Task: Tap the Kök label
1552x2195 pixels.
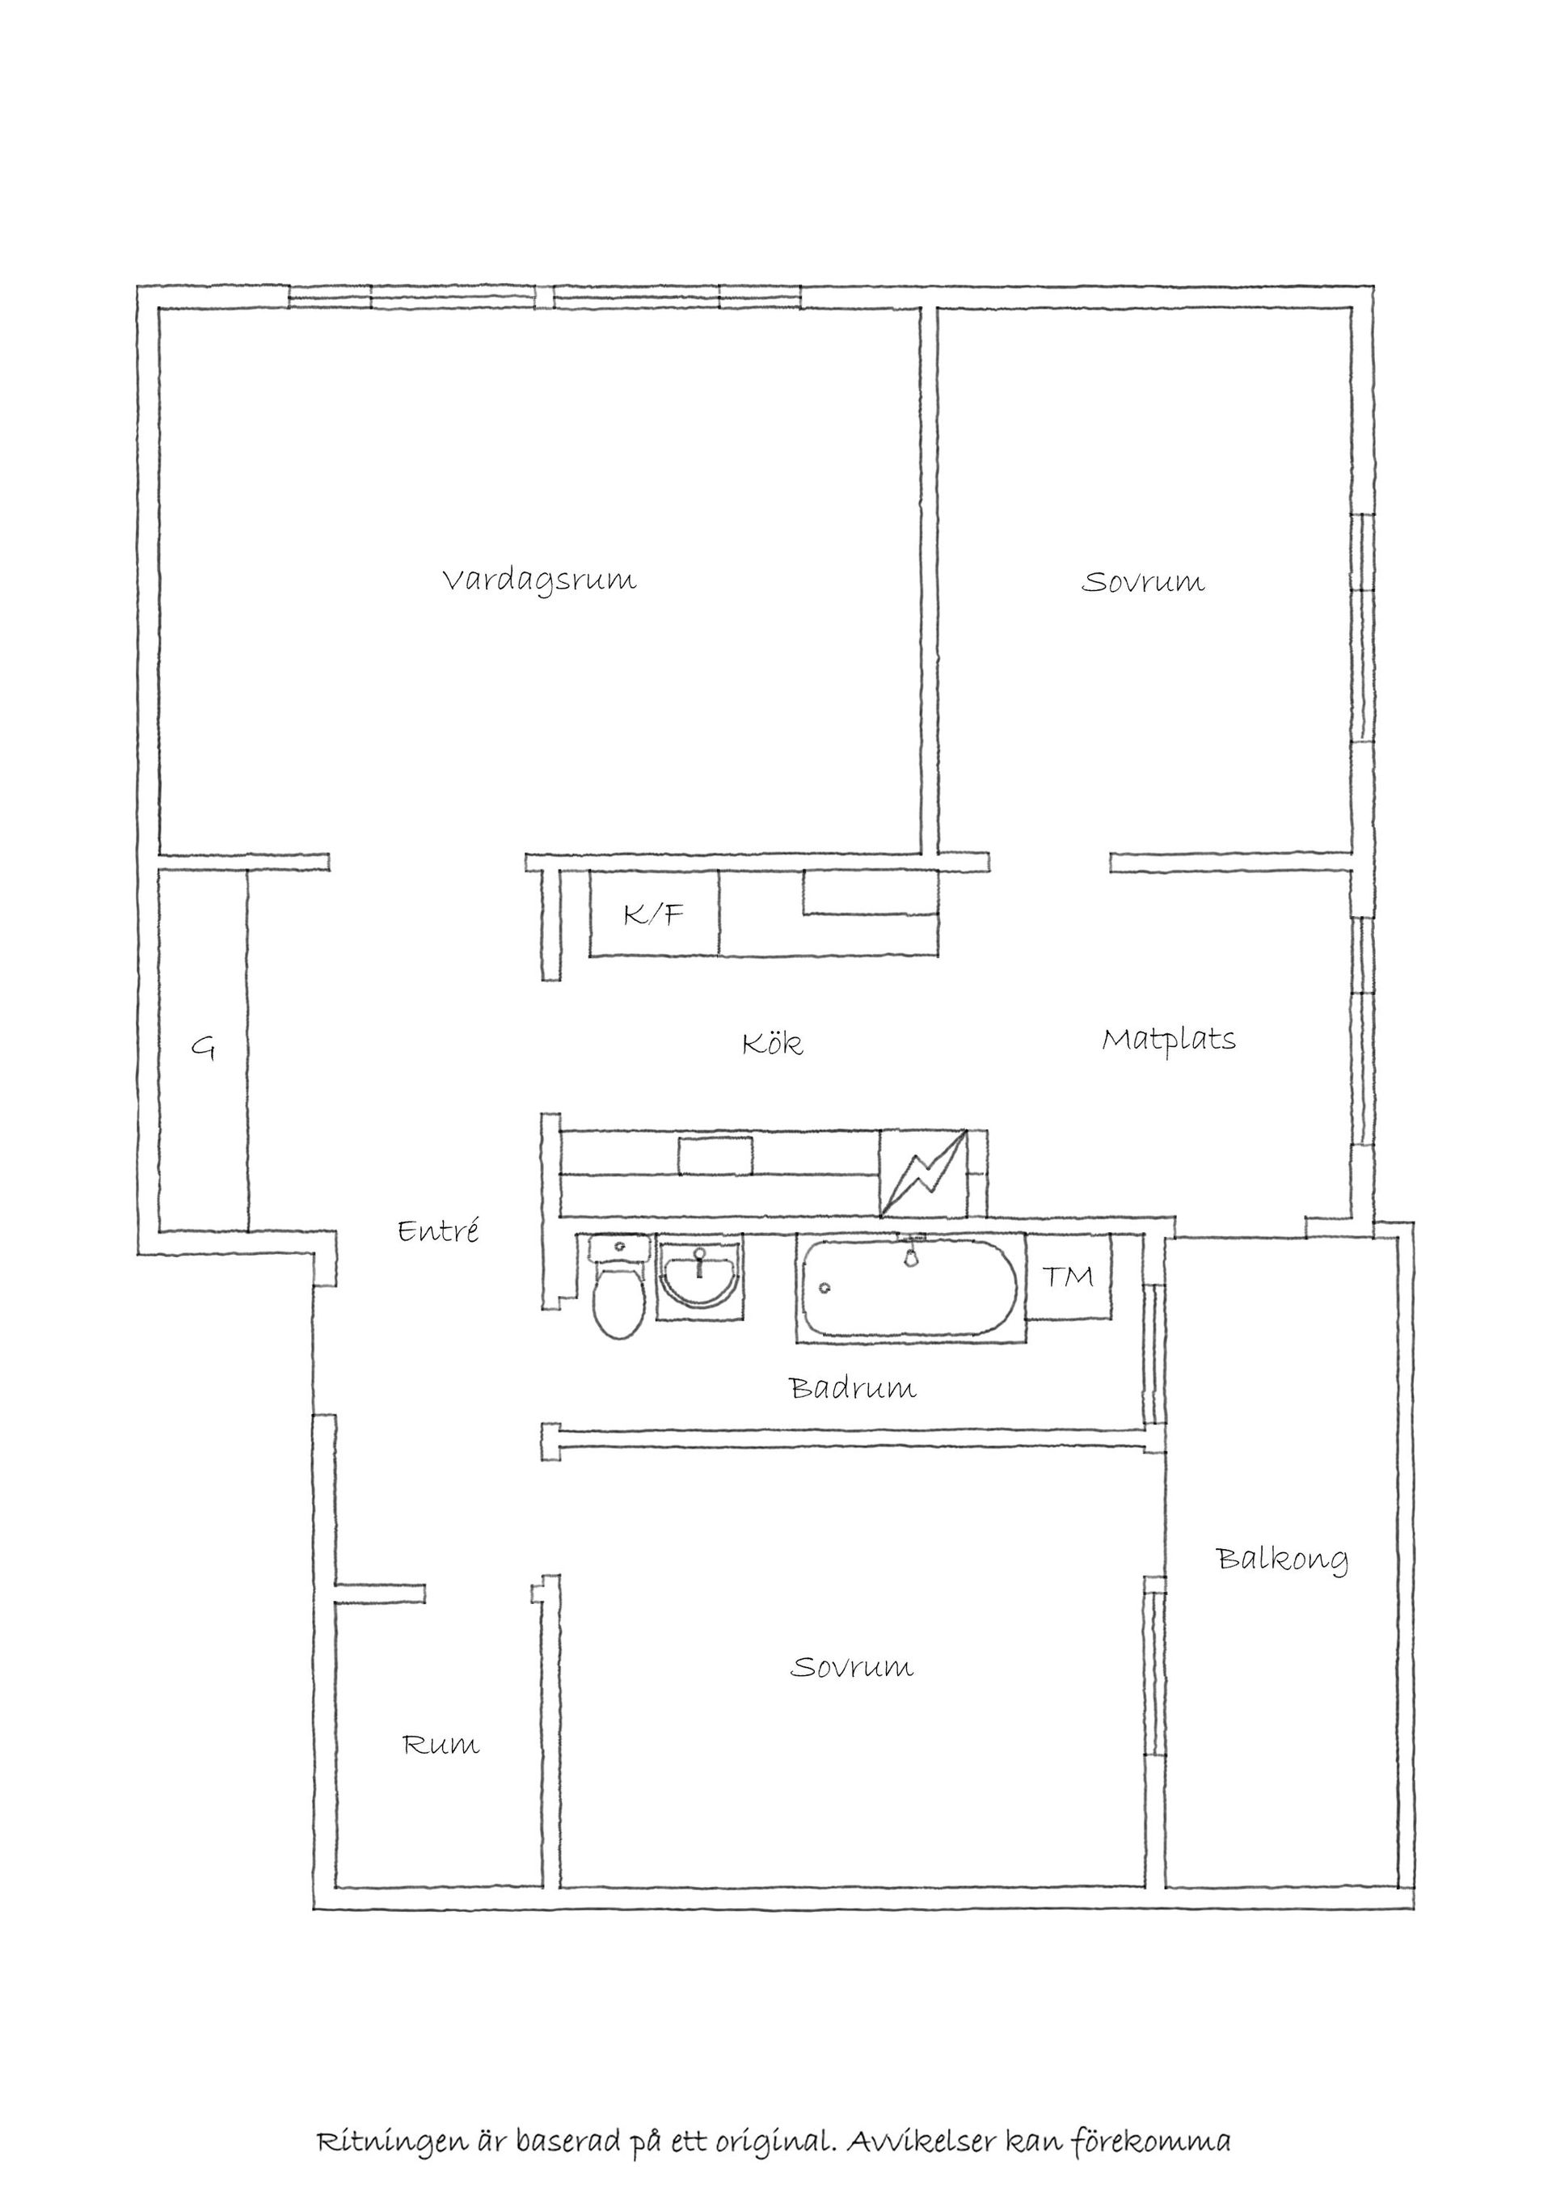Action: point(772,1043)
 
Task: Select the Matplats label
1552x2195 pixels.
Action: point(1169,1041)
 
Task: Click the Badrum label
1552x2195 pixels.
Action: point(854,1387)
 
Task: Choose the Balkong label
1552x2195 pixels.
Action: point(1283,1560)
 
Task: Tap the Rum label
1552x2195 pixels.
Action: point(441,1745)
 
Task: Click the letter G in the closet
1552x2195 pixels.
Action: point(203,1049)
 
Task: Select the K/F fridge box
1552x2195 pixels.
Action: point(655,913)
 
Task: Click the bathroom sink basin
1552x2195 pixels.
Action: point(701,1279)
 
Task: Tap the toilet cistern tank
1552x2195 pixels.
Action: point(619,1248)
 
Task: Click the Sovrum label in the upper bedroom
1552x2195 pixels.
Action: point(1143,582)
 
